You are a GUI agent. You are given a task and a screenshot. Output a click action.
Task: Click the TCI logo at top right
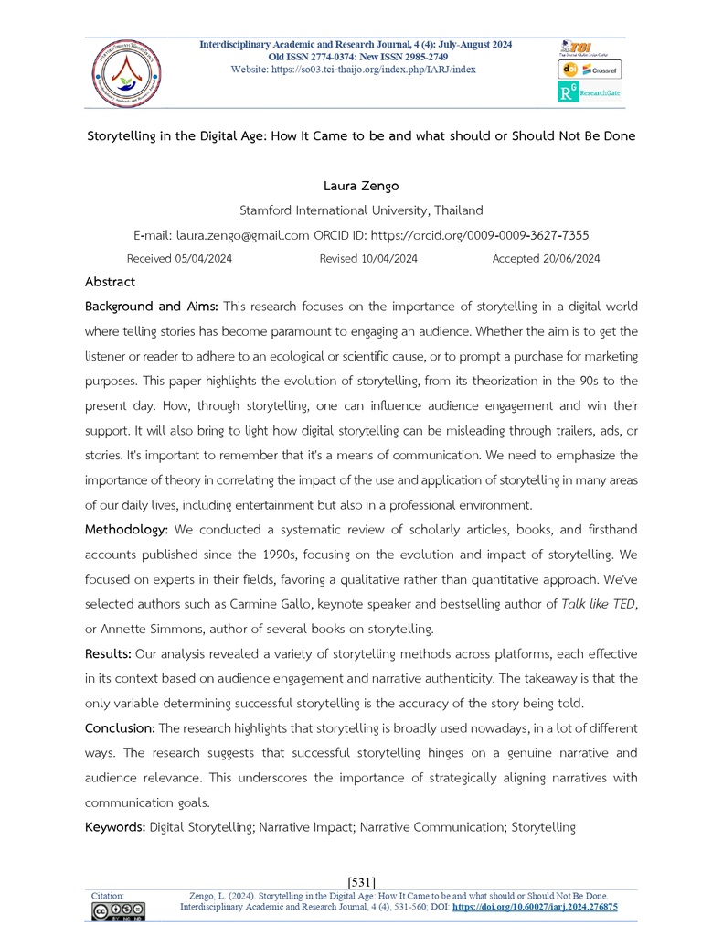(x=579, y=48)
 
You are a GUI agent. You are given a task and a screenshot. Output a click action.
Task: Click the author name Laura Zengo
(x=361, y=187)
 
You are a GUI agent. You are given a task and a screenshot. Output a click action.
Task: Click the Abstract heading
(x=110, y=282)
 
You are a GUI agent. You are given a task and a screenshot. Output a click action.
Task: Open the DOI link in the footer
(x=536, y=907)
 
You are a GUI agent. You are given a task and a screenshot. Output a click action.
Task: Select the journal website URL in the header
(x=354, y=70)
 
